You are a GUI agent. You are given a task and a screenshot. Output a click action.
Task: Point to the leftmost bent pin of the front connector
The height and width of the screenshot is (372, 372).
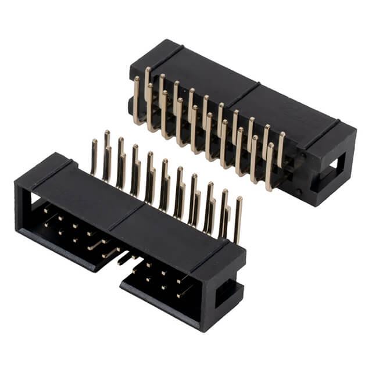click(94, 157)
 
